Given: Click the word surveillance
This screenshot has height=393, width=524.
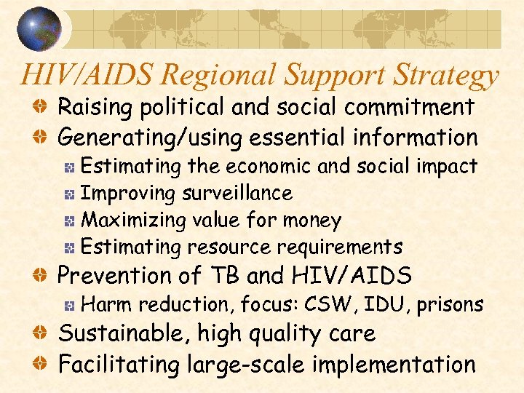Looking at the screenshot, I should tap(237, 194).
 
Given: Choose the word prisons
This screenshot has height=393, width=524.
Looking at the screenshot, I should tap(450, 304).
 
